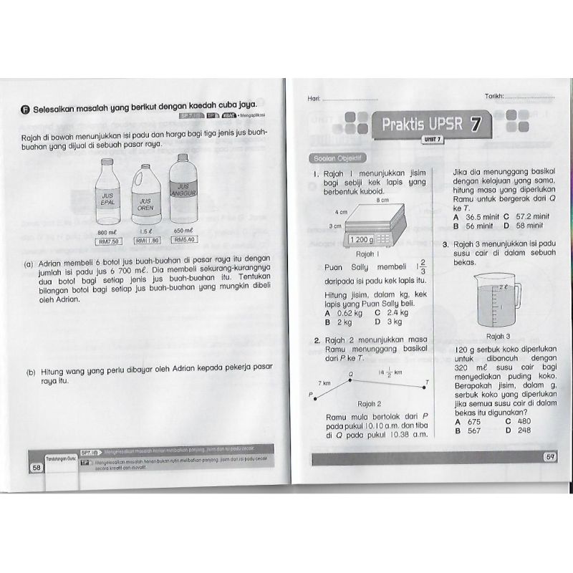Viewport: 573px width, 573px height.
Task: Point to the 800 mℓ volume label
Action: (x=107, y=233)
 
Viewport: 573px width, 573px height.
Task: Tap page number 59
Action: (x=551, y=458)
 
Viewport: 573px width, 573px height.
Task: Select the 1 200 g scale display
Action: (x=362, y=239)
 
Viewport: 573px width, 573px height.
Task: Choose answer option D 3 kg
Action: (x=375, y=322)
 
